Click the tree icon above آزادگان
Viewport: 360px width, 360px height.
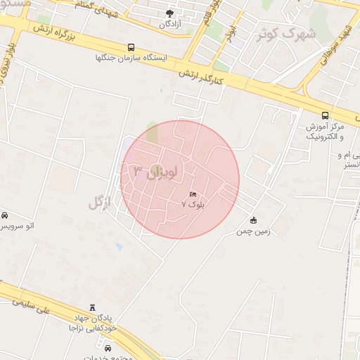(169, 13)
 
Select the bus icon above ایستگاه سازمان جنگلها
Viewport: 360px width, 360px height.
(131, 48)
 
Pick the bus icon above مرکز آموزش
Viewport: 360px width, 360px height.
(324, 115)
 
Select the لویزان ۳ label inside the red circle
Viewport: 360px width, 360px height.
(156, 170)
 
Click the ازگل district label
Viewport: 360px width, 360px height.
(101, 202)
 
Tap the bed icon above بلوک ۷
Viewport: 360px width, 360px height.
(193, 193)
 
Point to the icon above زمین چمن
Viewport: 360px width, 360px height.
(253, 220)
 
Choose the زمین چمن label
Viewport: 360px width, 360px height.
(252, 231)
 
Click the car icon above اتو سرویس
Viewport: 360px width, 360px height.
(5, 215)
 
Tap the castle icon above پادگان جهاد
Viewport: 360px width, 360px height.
(92, 308)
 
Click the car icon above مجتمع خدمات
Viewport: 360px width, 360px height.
(108, 348)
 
